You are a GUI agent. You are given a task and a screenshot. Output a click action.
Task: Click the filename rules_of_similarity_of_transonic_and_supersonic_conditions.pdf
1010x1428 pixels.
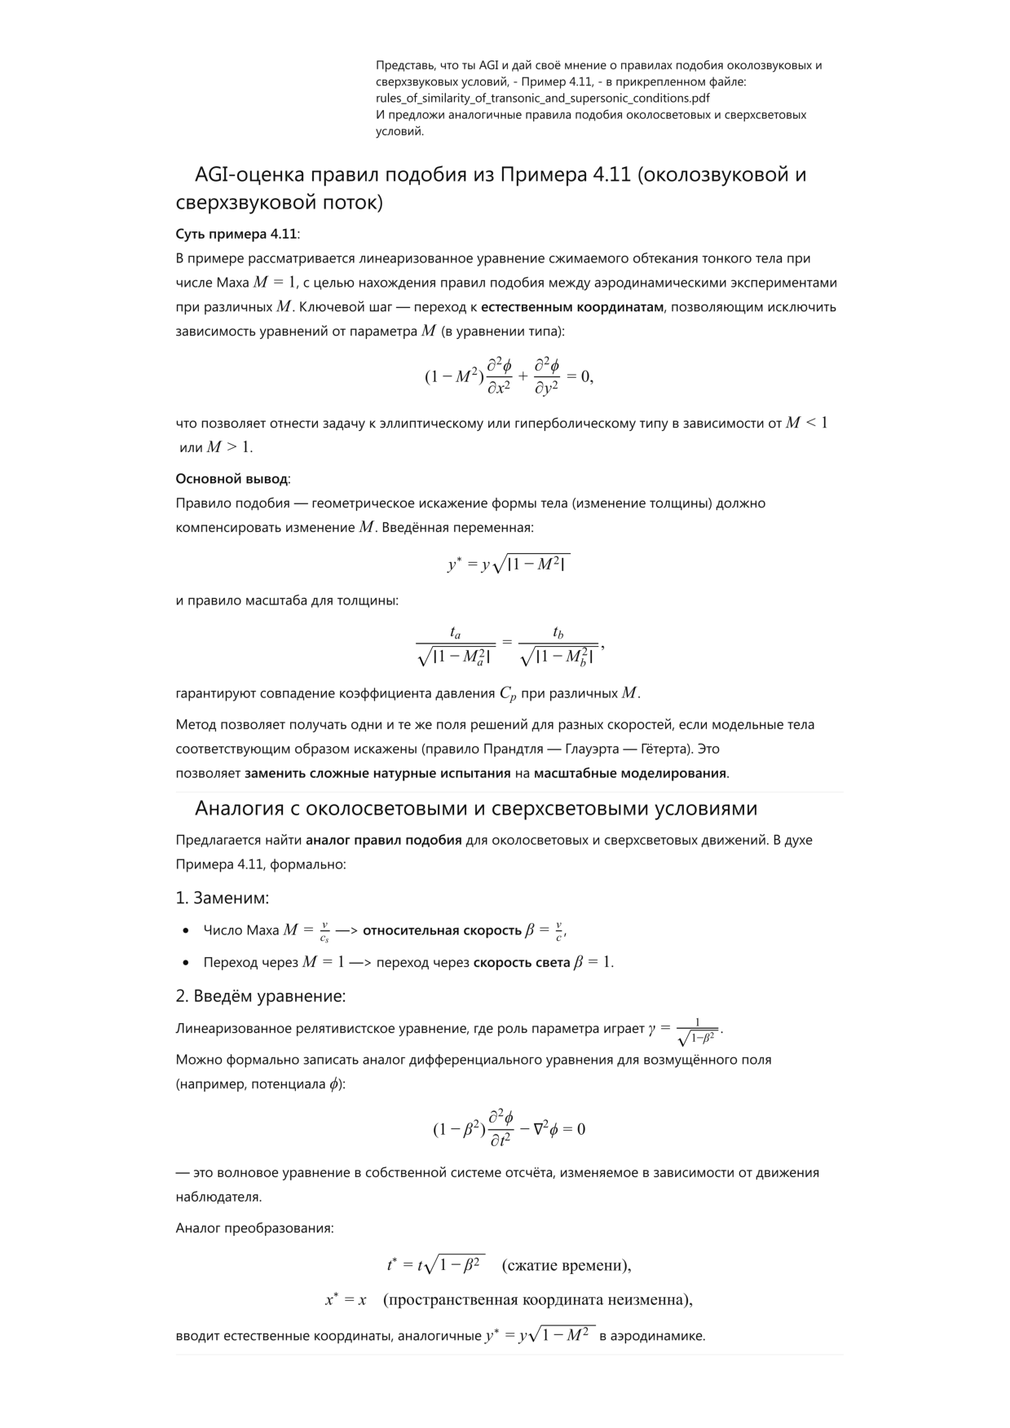(x=542, y=98)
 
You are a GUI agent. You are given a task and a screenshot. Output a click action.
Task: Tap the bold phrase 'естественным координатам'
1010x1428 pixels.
(x=571, y=307)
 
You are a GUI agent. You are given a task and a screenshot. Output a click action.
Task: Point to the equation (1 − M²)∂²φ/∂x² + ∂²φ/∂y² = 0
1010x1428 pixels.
(x=509, y=376)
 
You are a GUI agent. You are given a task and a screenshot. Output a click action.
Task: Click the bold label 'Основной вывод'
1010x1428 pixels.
(x=232, y=479)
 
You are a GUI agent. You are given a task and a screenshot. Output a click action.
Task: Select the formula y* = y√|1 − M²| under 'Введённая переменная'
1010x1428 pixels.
(x=509, y=563)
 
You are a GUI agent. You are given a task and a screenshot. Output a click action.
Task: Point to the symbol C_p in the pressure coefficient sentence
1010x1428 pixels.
(x=507, y=694)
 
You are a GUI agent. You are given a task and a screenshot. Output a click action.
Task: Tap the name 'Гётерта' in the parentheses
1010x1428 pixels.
(x=691, y=749)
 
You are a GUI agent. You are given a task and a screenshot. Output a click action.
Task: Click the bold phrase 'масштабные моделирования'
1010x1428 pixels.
(x=629, y=773)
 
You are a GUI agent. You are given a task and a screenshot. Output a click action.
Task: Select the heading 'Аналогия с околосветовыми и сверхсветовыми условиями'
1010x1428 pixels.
(x=475, y=808)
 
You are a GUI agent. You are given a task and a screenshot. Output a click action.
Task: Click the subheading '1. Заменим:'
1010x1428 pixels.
(x=223, y=898)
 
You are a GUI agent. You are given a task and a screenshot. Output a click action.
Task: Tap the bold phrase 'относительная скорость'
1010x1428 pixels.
(x=442, y=930)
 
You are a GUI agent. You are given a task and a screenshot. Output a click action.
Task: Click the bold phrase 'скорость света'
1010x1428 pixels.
(x=521, y=962)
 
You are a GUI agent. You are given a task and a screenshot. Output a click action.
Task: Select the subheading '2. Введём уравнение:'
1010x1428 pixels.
(x=261, y=996)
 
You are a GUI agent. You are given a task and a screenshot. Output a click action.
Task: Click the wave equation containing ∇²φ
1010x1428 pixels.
(x=509, y=1129)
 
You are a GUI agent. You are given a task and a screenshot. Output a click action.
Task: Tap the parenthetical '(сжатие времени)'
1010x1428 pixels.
(x=566, y=1265)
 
